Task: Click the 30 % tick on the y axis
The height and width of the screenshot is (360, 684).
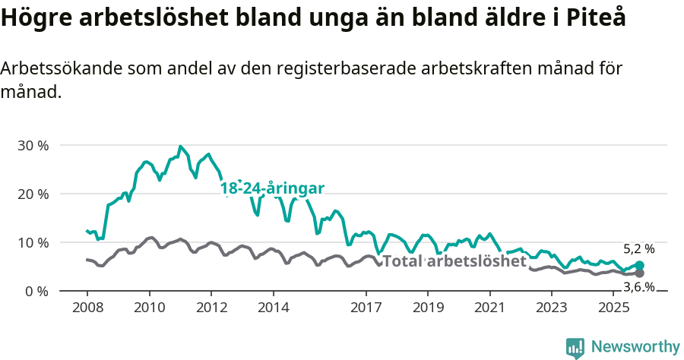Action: [33, 145]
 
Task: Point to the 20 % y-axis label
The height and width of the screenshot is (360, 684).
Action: [33, 194]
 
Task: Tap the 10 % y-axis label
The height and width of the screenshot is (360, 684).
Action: [33, 242]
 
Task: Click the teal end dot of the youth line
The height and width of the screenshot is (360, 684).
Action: [639, 265]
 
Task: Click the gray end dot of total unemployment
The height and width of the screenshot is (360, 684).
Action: [639, 273]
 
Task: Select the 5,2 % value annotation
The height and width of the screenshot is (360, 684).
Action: [638, 248]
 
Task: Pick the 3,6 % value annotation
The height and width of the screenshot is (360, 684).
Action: [638, 286]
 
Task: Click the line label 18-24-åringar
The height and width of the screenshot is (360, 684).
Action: [272, 188]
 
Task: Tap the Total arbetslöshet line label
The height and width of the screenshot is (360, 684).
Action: [454, 261]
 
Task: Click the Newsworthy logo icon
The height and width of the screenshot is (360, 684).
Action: [575, 348]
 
